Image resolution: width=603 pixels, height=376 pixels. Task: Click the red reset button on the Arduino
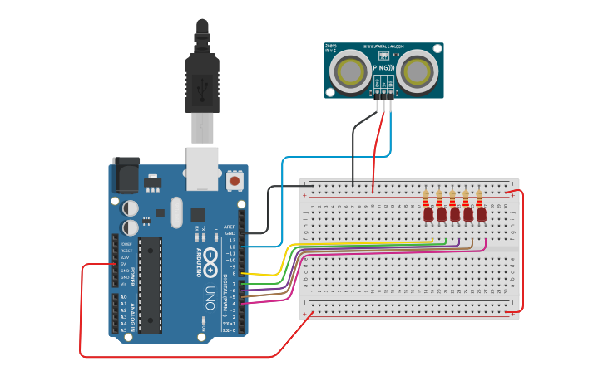(235, 180)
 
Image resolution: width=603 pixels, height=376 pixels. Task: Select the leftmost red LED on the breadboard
(428, 214)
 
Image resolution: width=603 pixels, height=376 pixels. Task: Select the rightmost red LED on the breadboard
(481, 214)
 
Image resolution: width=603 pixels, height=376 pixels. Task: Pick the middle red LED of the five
(455, 214)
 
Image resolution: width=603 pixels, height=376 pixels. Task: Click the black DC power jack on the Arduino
(126, 175)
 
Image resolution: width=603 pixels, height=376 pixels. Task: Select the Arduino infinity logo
(210, 257)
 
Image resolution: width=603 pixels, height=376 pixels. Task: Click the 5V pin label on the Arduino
(126, 264)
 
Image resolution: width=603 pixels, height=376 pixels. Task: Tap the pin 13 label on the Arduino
(232, 239)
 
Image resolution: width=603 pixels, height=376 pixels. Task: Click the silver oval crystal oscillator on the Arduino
(175, 212)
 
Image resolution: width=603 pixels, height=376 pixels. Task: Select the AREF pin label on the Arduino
(230, 226)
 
